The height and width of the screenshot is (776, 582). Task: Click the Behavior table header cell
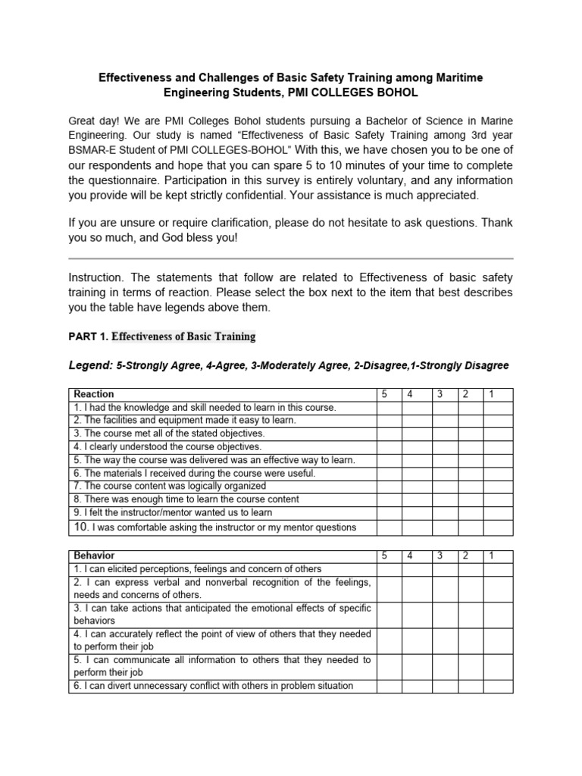point(94,555)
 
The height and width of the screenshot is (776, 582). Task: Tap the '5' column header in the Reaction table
point(384,394)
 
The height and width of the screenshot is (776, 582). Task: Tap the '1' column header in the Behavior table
point(491,555)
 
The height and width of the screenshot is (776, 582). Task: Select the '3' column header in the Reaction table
point(440,394)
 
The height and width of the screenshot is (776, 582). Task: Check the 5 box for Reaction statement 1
point(389,408)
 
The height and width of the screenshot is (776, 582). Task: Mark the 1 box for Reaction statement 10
point(498,527)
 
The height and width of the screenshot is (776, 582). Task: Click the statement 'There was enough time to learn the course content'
point(186,499)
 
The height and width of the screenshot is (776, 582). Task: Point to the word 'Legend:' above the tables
point(90,365)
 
